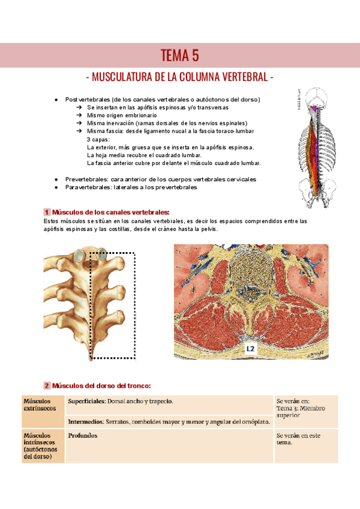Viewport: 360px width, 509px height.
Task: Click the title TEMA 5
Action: (179, 56)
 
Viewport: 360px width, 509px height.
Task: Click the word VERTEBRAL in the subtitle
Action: (239, 78)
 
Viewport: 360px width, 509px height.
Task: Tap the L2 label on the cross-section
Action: (251, 348)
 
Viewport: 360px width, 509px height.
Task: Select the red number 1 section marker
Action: (46, 212)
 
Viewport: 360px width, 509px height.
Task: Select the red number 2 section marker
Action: (46, 385)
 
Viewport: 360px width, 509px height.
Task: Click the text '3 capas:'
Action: (98, 139)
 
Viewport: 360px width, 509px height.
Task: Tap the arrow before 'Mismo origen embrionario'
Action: (79, 115)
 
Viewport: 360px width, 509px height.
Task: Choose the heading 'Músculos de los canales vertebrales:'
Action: (111, 212)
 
